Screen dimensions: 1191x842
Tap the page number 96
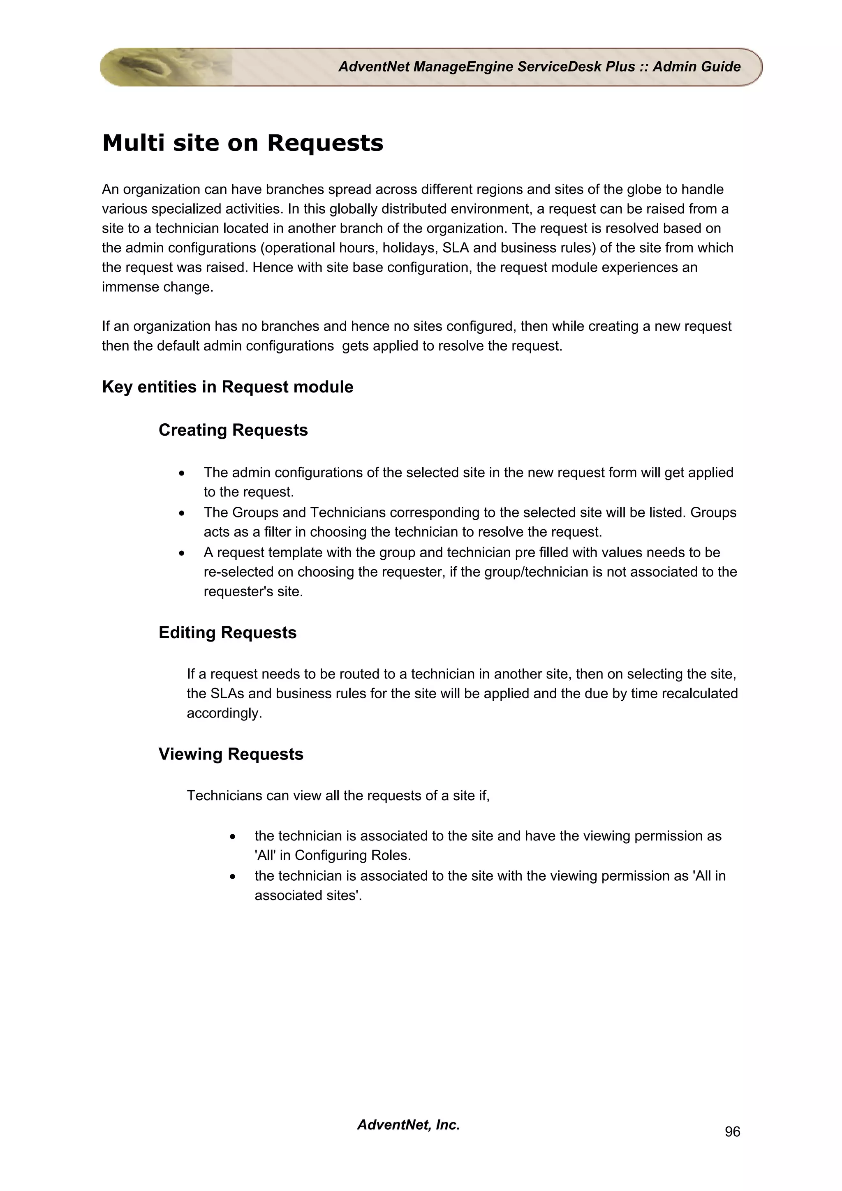point(732,1131)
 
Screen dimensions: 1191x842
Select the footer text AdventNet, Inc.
point(408,1124)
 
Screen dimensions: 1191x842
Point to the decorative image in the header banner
point(166,67)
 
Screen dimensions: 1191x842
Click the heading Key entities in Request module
point(227,387)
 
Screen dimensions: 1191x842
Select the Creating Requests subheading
point(233,430)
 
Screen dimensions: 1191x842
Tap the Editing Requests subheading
point(227,633)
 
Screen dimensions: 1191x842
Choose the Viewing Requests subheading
point(231,754)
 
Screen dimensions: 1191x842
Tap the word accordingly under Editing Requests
point(224,713)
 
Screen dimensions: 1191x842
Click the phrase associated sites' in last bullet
point(308,896)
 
